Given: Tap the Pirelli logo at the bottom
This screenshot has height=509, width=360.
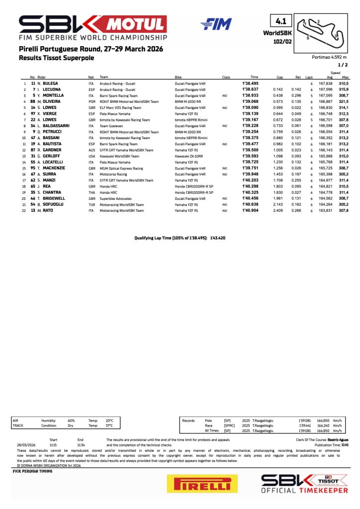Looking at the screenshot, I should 199,483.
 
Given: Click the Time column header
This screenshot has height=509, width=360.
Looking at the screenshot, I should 254,77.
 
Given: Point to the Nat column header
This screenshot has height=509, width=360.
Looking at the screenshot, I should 91,77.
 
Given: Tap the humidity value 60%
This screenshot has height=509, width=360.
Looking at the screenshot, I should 71,420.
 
